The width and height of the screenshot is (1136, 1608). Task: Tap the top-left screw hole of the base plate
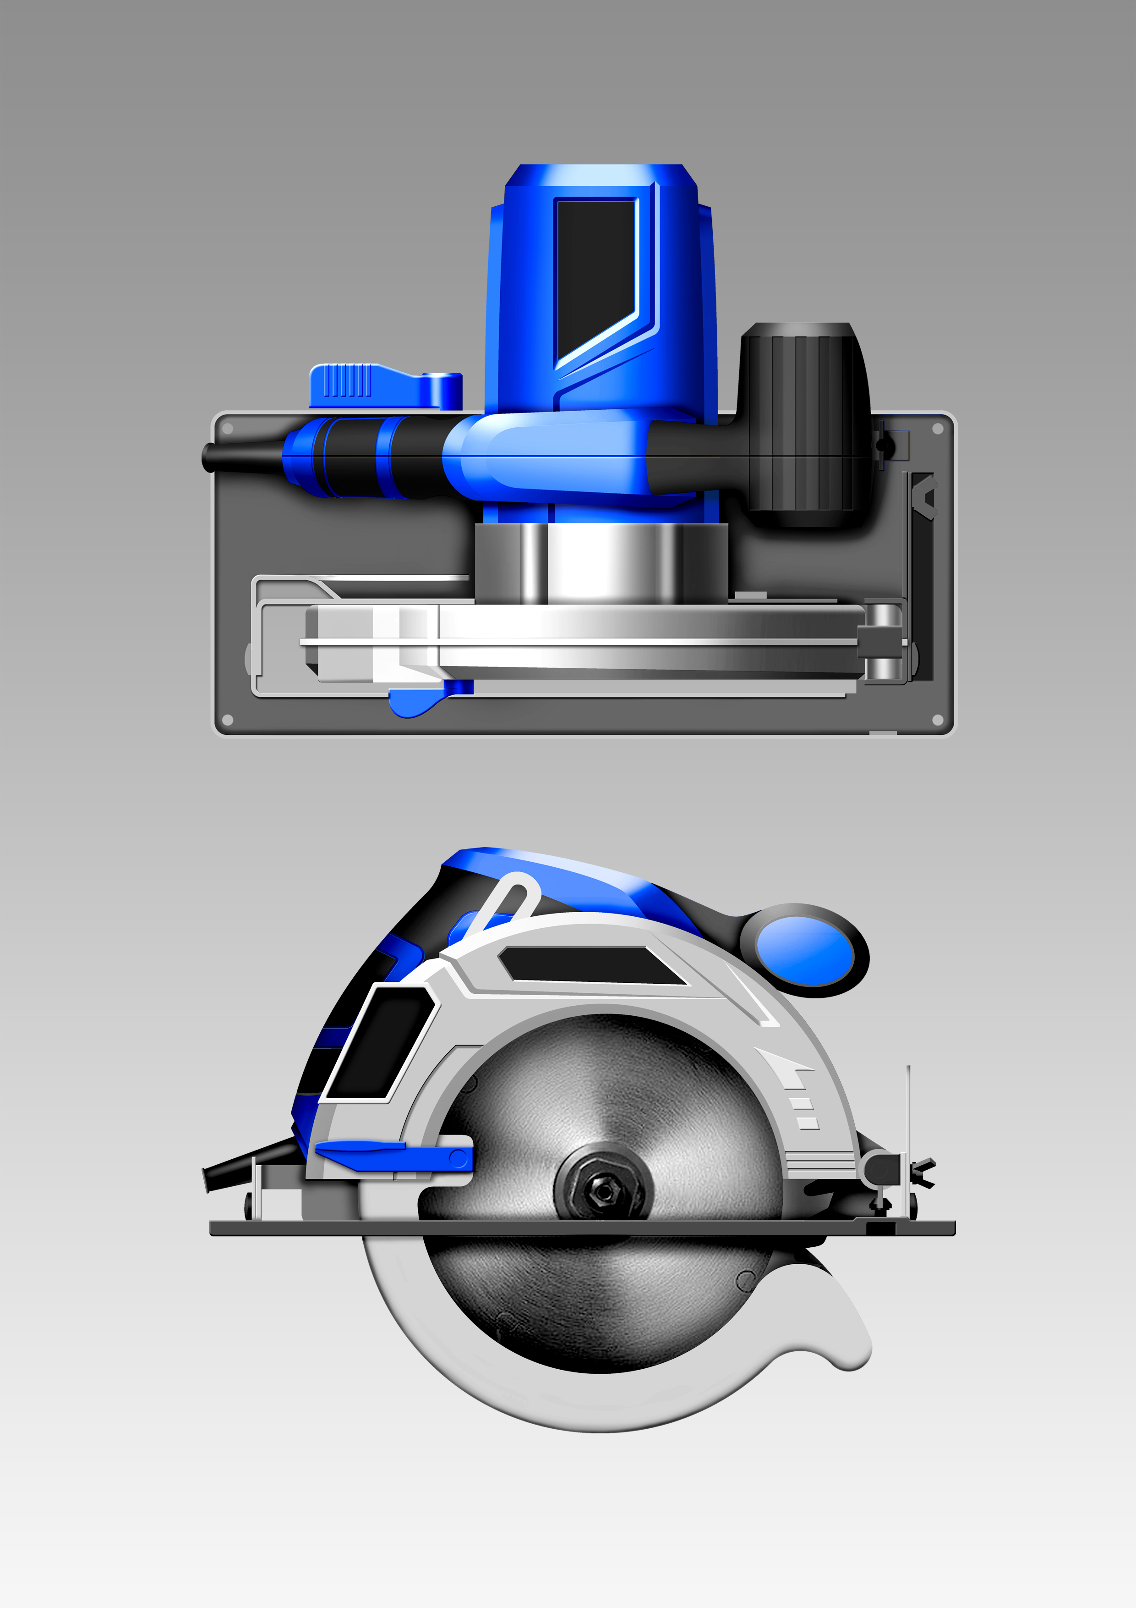pos(228,429)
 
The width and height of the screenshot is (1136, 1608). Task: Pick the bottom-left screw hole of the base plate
pos(228,720)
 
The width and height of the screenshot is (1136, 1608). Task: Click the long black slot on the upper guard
pos(595,965)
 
